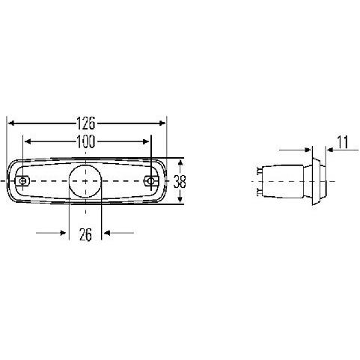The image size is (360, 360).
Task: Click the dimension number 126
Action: tap(86, 123)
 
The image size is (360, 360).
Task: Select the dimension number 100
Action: tap(86, 141)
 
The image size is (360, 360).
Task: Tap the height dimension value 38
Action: tap(180, 181)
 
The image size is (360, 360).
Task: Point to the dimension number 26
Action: tap(85, 234)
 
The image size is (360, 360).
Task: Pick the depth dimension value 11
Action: tap(343, 142)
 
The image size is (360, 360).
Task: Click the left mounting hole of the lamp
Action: tap(22, 180)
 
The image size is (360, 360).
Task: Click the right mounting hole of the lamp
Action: tap(150, 180)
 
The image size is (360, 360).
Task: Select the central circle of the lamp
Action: tap(85, 181)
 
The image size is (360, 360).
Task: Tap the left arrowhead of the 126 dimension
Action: tap(10, 123)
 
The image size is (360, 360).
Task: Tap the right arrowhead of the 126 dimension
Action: tap(162, 123)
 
